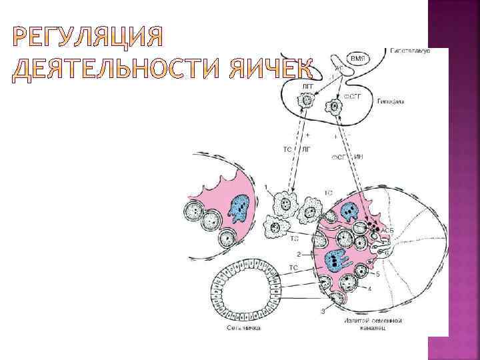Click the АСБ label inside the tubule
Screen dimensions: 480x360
(x=387, y=229)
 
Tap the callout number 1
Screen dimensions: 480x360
(x=267, y=187)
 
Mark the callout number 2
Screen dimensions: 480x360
(x=298, y=254)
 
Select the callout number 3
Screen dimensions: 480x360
(x=323, y=311)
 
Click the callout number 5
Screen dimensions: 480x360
(x=378, y=273)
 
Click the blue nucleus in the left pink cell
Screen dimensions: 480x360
(x=238, y=207)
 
